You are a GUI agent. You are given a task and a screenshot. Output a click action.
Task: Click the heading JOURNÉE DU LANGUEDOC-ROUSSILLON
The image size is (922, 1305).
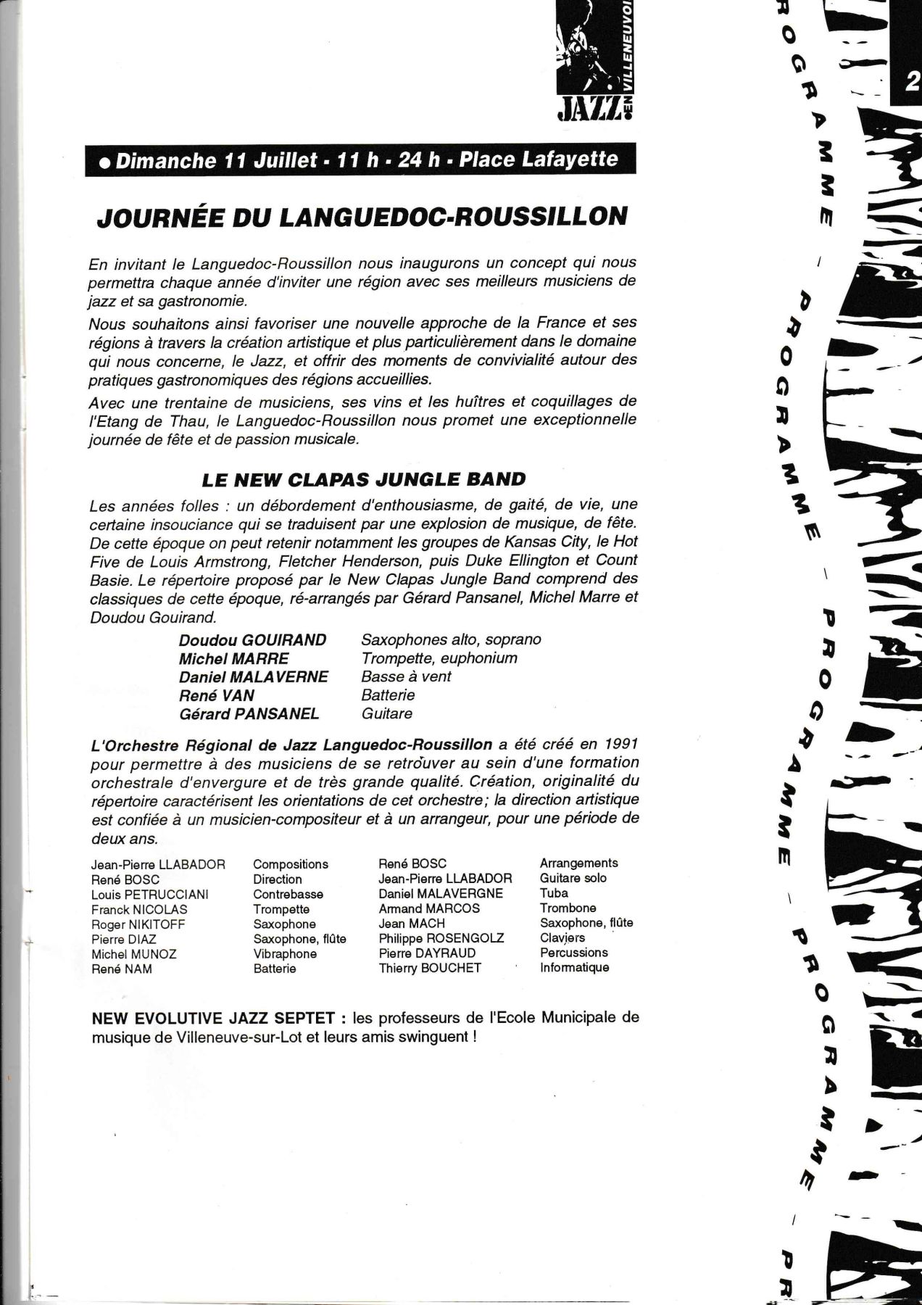click(362, 217)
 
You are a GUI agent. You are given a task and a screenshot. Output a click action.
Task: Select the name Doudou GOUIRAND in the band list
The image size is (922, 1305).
click(253, 640)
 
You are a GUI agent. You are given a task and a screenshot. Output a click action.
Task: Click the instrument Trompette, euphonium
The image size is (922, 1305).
click(439, 658)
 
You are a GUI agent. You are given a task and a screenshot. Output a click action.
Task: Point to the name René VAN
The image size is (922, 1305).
click(217, 695)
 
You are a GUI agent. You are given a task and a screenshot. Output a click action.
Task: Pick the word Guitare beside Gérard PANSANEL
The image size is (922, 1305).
click(387, 713)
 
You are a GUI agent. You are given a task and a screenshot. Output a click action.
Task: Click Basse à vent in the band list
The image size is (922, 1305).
click(406, 676)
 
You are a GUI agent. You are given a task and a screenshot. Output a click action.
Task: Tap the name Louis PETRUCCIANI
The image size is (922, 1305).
click(150, 895)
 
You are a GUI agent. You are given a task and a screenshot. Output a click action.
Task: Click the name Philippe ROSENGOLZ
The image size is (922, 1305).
click(441, 938)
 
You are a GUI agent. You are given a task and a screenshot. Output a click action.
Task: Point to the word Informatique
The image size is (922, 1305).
click(575, 968)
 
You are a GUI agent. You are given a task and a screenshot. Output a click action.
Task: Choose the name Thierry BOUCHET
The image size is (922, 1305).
click(430, 968)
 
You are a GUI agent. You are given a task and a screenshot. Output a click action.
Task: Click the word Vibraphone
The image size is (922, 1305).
click(285, 954)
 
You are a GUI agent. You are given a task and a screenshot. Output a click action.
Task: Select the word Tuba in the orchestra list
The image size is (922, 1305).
click(554, 893)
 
